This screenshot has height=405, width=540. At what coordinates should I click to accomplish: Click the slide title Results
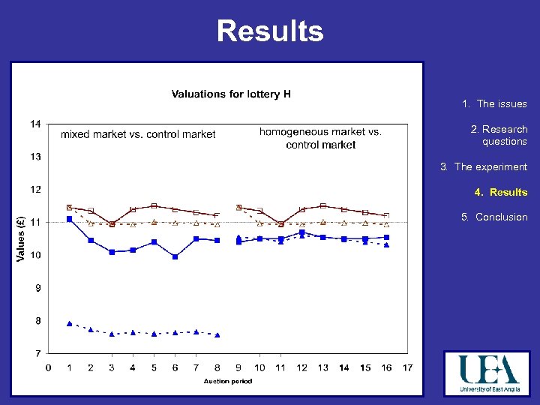point(270,31)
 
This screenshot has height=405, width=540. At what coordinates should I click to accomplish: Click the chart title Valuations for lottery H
point(231,94)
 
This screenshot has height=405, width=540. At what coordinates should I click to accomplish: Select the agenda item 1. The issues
point(494,104)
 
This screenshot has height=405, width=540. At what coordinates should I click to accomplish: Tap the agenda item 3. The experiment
point(484,167)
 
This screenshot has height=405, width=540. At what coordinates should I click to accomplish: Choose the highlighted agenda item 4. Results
point(500,193)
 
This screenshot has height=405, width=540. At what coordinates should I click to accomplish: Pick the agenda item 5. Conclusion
point(494,217)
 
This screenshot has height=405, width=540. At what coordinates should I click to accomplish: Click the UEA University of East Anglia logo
point(487,373)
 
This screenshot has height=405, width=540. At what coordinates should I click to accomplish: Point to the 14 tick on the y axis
point(36,124)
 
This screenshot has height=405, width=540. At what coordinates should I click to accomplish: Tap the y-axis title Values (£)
point(20,238)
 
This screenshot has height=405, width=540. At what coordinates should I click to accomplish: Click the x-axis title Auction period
point(228,381)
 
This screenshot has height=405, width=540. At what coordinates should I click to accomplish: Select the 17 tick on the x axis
point(407,367)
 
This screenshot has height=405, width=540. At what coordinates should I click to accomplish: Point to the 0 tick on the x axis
point(49,367)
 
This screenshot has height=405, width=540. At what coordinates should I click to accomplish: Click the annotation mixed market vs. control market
point(138,135)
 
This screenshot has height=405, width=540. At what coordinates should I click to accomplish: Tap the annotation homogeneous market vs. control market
point(320,138)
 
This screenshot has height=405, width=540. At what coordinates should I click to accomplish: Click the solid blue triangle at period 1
point(69,323)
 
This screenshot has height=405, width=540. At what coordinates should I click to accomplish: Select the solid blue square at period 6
point(175,256)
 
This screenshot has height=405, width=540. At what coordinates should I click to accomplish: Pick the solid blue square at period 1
point(69,219)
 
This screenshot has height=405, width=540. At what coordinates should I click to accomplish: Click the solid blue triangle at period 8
point(217,334)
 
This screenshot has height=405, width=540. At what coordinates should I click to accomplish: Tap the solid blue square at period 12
point(301,232)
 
